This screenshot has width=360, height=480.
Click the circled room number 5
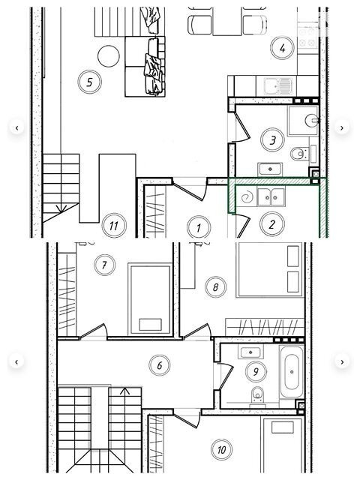[x=89, y=82]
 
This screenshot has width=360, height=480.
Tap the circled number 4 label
[x=282, y=48]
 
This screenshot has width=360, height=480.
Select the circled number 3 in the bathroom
[x=272, y=140]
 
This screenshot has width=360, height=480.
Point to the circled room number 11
[x=114, y=226]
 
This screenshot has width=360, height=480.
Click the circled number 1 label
[x=199, y=227]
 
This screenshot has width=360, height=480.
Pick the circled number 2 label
[x=271, y=224]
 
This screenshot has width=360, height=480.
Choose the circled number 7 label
[x=104, y=265]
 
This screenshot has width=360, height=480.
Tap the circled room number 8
[x=216, y=287]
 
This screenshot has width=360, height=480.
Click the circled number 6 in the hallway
[x=160, y=365]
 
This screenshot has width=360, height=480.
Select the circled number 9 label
[x=256, y=371]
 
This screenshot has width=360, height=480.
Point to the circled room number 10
[x=222, y=449]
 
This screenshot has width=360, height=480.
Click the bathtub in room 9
[x=292, y=371]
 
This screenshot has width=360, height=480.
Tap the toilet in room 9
[x=257, y=395]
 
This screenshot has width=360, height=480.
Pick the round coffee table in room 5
[x=108, y=56]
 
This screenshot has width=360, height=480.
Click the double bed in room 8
[x=269, y=269]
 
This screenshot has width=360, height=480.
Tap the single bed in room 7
[x=150, y=299]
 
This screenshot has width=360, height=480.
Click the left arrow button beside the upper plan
[x=16, y=127]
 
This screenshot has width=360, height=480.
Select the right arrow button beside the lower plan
[x=342, y=361]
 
